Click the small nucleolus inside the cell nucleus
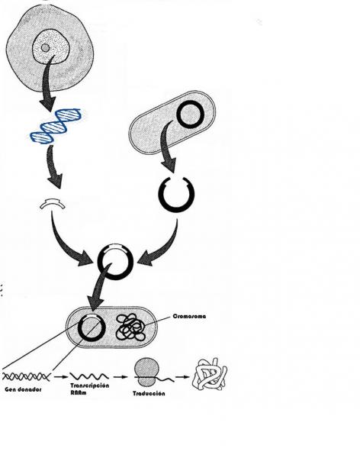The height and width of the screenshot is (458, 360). click(45, 47)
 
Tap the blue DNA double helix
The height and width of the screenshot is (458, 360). click(56, 126)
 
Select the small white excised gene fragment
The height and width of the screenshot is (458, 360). click(53, 203)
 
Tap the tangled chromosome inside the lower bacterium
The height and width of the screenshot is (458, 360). click(130, 327)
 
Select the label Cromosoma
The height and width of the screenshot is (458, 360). click(189, 316)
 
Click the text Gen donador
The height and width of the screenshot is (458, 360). click(23, 389)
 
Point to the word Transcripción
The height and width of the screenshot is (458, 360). click(90, 385)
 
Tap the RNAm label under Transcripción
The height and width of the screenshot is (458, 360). click(79, 392)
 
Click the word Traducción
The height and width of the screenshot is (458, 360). click(149, 393)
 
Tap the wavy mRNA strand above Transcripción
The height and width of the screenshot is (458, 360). click(89, 376)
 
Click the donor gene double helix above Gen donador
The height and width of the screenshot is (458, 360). click(26, 376)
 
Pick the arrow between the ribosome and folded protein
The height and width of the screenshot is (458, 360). click(183, 377)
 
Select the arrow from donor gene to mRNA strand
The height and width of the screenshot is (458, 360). click(61, 377)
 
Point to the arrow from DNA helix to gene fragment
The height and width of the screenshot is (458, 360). click(53, 166)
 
